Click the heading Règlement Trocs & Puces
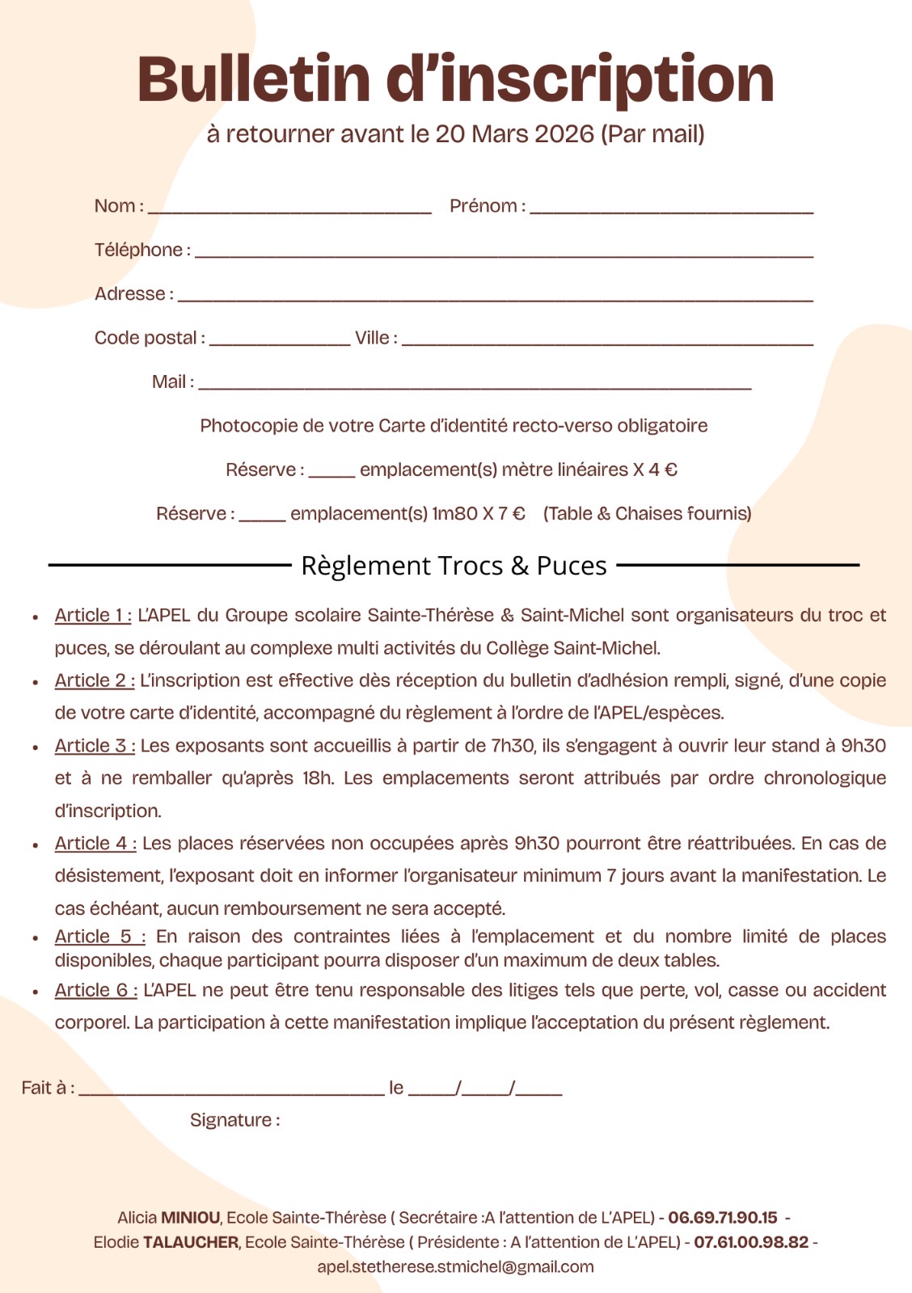pyautogui.click(x=454, y=566)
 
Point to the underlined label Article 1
pyautogui.click(x=93, y=616)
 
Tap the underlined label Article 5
pyautogui.click(x=99, y=937)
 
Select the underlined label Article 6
pyautogui.click(x=95, y=991)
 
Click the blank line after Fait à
pyautogui.click(x=231, y=1091)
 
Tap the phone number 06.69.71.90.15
pyautogui.click(x=722, y=1218)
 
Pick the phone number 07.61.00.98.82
pyautogui.click(x=751, y=1242)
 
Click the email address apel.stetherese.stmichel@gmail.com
pyautogui.click(x=455, y=1267)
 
